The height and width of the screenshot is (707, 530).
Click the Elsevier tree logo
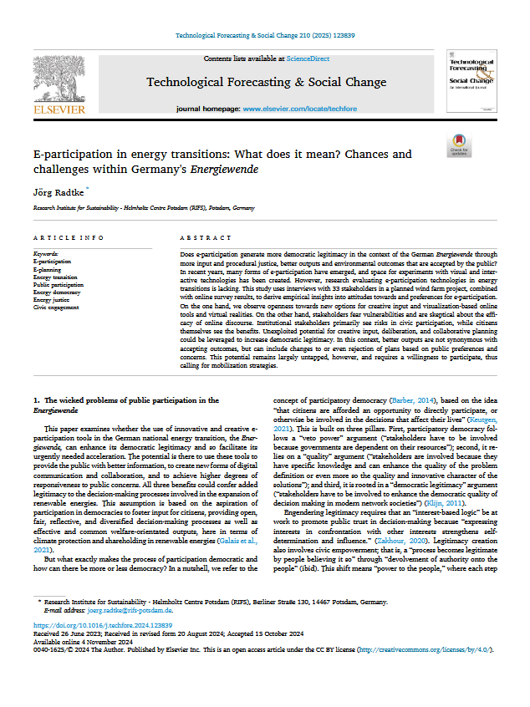tap(58, 79)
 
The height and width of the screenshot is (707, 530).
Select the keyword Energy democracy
tap(58, 292)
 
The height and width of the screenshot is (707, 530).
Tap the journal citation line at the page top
tap(263, 36)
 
